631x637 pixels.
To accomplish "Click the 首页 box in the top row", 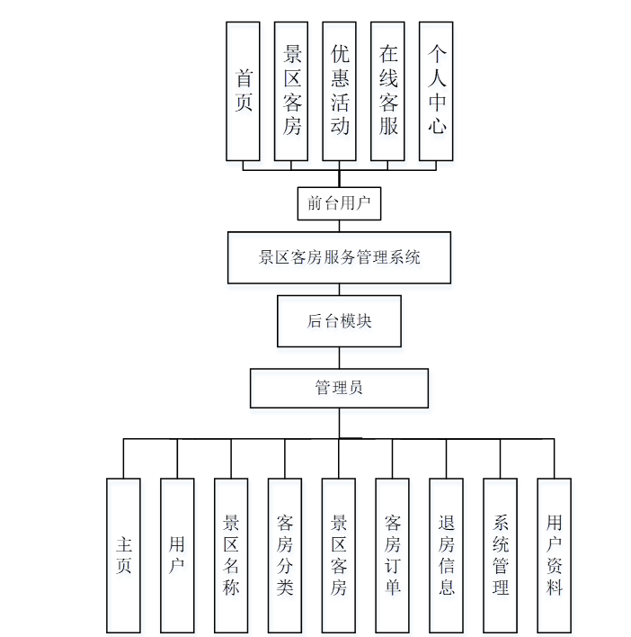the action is pos(244,91).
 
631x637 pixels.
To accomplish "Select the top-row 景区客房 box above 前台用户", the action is pos(291,91).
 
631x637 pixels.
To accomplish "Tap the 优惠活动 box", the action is pos(340,91).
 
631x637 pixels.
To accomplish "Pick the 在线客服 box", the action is pos(388,91).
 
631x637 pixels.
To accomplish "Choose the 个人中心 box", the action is pos(437,91).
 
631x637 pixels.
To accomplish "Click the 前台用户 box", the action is pos(339,202).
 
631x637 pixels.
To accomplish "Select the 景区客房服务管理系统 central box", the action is pos(339,257).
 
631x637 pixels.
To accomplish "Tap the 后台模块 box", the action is pos(339,321).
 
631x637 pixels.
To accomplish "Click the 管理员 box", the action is pos(339,388).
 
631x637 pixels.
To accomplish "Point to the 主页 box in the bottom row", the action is pos(124,554).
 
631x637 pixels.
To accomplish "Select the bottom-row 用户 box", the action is pos(177,554).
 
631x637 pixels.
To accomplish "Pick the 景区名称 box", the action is pos(231,554).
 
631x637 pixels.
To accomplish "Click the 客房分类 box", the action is pos(285,554).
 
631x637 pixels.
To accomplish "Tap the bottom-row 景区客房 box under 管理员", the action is pos(339,554).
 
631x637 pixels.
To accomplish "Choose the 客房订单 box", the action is pos(393,554).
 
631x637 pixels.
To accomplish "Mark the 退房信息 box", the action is pos(447,554).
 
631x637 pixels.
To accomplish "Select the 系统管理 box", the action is pos(501,554).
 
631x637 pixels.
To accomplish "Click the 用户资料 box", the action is pos(555,554).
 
